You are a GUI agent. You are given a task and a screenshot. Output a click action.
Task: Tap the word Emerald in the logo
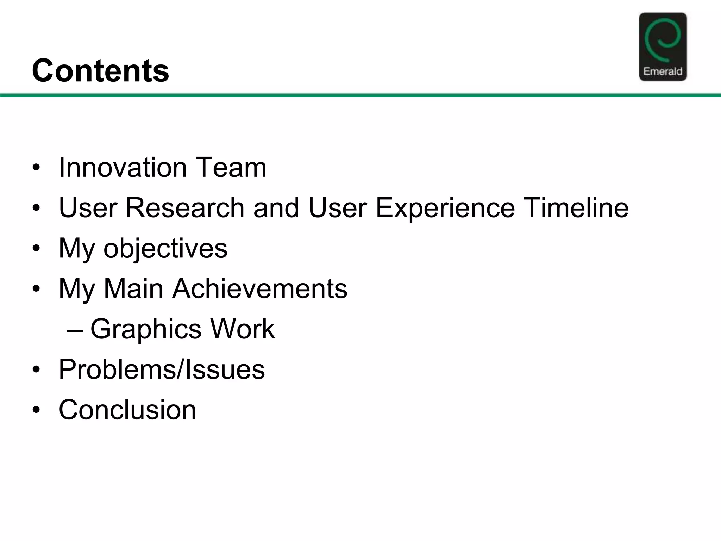pyautogui.click(x=663, y=71)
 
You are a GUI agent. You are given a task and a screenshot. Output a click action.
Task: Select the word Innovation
pyautogui.click(x=123, y=167)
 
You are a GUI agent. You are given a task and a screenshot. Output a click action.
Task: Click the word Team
pyautogui.click(x=231, y=167)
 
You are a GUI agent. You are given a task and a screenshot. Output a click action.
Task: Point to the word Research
pyautogui.click(x=184, y=208)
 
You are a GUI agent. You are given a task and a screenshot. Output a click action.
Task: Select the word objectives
pyautogui.click(x=165, y=249)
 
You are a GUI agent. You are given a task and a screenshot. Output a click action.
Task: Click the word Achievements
pyautogui.click(x=259, y=289)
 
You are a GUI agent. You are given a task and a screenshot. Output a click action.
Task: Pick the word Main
pyautogui.click(x=133, y=289)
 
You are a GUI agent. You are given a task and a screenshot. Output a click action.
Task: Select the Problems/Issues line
pyautogui.click(x=162, y=369)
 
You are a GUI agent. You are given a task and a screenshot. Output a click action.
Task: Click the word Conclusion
pyautogui.click(x=127, y=410)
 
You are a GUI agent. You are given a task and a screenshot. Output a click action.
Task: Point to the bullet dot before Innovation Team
pyautogui.click(x=36, y=168)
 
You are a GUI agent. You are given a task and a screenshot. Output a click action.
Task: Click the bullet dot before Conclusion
pyautogui.click(x=36, y=410)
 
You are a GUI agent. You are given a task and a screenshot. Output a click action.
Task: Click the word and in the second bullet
pyautogui.click(x=276, y=208)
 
